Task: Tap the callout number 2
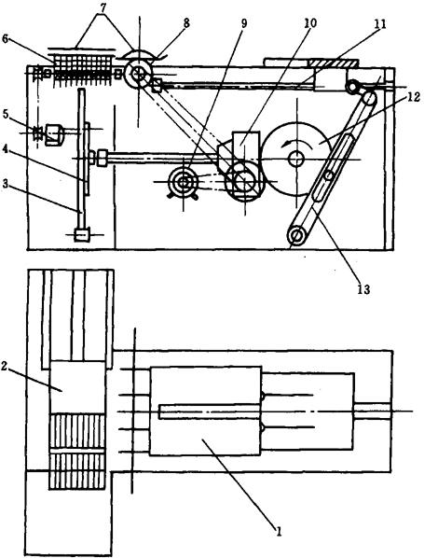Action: pyautogui.click(x=5, y=367)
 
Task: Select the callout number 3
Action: pyautogui.click(x=5, y=184)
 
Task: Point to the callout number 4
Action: pyautogui.click(x=5, y=150)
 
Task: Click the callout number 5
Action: pyautogui.click(x=5, y=114)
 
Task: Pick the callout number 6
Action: pyautogui.click(x=5, y=39)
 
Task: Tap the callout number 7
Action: pyautogui.click(x=102, y=7)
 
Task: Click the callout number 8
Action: pyautogui.click(x=186, y=22)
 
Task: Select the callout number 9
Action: pyautogui.click(x=243, y=23)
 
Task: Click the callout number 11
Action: pyautogui.click(x=380, y=24)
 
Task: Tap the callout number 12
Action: pyautogui.click(x=414, y=96)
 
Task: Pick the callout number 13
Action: pyautogui.click(x=362, y=289)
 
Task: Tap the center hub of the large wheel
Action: pyautogui.click(x=295, y=159)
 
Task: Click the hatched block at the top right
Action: pyautogui.click(x=333, y=63)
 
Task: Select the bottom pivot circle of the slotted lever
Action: pyautogui.click(x=298, y=235)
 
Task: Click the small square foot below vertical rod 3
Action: pyautogui.click(x=82, y=235)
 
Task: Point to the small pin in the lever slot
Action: pyautogui.click(x=329, y=175)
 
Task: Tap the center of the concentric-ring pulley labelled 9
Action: pyautogui.click(x=184, y=183)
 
